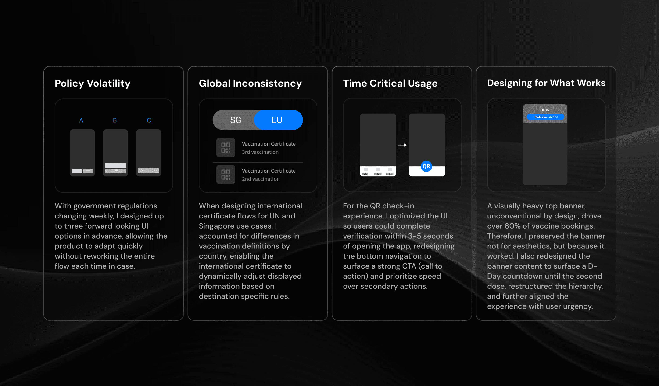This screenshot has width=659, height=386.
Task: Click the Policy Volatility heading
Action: pos(92,84)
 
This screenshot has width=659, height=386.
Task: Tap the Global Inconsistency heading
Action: pos(250,84)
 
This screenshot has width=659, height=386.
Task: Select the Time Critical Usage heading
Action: pos(390,84)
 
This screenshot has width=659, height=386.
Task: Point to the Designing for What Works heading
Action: pos(546,83)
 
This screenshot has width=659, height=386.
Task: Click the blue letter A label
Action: pos(81,120)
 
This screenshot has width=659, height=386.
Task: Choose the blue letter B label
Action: pos(115,120)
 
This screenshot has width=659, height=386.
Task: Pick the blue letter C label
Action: pos(149,120)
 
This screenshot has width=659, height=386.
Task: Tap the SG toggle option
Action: pos(235,120)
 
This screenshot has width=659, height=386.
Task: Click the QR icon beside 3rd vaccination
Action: pos(226,147)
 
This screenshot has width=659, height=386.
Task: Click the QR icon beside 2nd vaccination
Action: pos(226,175)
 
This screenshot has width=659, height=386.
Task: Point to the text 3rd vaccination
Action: pos(260,152)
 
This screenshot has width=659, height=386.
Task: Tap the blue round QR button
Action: pos(426,166)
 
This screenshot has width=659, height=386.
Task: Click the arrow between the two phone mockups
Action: pos(402,145)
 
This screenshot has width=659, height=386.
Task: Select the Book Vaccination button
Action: pos(545,117)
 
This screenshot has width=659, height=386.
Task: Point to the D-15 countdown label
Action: pos(545,110)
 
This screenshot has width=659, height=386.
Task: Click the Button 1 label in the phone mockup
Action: pos(366,174)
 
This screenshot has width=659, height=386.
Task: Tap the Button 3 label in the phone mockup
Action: pos(390,174)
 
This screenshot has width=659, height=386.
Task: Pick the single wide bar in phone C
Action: pos(149,171)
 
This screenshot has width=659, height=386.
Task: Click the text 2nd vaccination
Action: pos(261,179)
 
